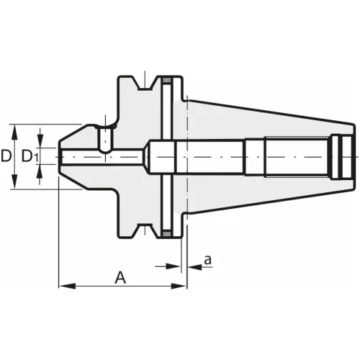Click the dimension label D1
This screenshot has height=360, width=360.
[30, 156]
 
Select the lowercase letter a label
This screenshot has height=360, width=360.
[207, 260]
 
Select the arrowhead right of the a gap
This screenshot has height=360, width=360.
[192, 267]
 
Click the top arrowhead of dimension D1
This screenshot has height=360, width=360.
[44, 143]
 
